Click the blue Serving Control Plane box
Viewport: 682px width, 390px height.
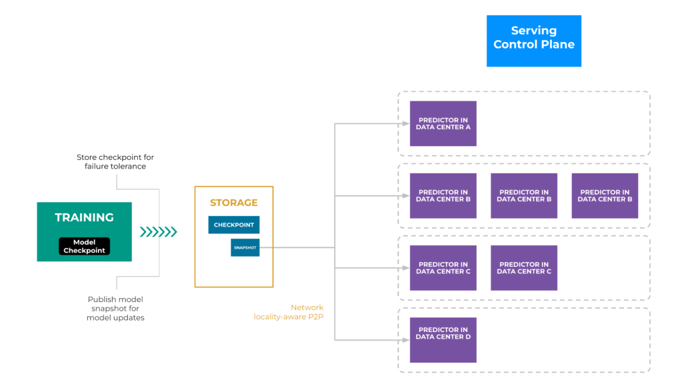point(534,41)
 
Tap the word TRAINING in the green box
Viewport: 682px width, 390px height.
point(84,217)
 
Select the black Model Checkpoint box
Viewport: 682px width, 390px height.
point(84,246)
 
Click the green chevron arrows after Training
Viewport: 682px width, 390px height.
point(158,232)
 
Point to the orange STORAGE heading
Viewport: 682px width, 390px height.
point(233,203)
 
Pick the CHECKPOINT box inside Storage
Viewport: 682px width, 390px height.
point(233,225)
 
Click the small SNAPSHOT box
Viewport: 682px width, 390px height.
point(245,247)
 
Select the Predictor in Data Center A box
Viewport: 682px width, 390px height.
point(443,123)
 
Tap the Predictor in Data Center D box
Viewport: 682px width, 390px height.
point(443,340)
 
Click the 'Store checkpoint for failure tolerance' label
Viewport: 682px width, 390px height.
point(115,162)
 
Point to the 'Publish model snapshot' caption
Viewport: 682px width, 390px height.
point(115,308)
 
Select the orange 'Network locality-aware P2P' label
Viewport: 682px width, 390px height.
point(289,312)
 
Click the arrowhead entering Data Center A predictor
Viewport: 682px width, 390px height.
point(405,123)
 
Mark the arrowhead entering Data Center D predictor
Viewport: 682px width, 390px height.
point(405,340)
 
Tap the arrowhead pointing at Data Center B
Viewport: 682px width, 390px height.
point(405,195)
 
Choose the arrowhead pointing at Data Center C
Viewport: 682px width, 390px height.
point(405,268)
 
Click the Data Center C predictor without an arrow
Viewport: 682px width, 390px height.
point(524,268)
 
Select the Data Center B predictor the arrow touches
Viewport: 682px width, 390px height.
point(443,195)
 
